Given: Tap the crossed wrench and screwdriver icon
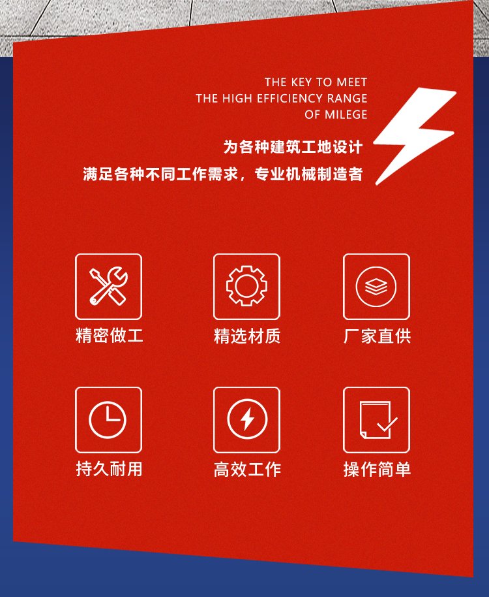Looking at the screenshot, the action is pyautogui.click(x=108, y=286).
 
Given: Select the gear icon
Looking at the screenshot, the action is pyautogui.click(x=246, y=286).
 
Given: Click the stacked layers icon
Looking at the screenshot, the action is pyautogui.click(x=376, y=287).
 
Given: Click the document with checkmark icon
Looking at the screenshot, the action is pyautogui.click(x=378, y=420).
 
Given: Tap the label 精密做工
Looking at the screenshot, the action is pyautogui.click(x=109, y=336).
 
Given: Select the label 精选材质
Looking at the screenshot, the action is pyautogui.click(x=247, y=336).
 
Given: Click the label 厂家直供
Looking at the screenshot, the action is pyautogui.click(x=377, y=336).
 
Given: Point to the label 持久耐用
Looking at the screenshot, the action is pyautogui.click(x=109, y=469).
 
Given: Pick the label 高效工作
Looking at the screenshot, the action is pyautogui.click(x=247, y=469).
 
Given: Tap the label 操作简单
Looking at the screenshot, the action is pyautogui.click(x=377, y=469).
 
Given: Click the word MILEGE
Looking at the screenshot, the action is pyautogui.click(x=346, y=114).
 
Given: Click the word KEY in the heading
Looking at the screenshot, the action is pyautogui.click(x=301, y=82).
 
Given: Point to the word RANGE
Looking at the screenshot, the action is pyautogui.click(x=348, y=99).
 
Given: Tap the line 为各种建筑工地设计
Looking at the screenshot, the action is pyautogui.click(x=293, y=147).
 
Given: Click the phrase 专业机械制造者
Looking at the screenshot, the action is pyautogui.click(x=308, y=174).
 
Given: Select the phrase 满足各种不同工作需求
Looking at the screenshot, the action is pyautogui.click(x=160, y=174).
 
